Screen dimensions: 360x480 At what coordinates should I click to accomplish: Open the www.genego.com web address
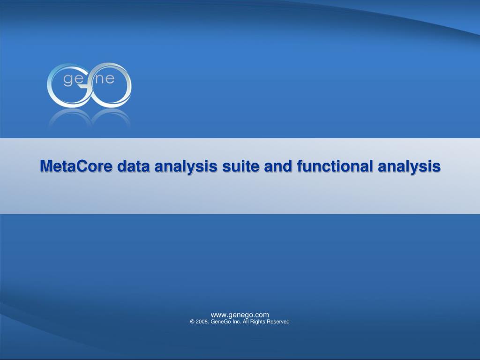[x=240, y=315]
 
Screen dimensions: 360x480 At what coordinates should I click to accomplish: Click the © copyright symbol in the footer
[x=192, y=322]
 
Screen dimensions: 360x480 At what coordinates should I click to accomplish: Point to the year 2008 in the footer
[x=202, y=322]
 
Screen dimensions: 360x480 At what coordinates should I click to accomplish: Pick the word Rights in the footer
[x=258, y=322]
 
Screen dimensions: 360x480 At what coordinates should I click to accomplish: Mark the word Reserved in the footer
[x=278, y=322]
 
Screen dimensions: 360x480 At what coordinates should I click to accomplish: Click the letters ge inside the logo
[x=73, y=80]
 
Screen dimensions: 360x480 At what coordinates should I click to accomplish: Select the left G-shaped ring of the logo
[x=52, y=91]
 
